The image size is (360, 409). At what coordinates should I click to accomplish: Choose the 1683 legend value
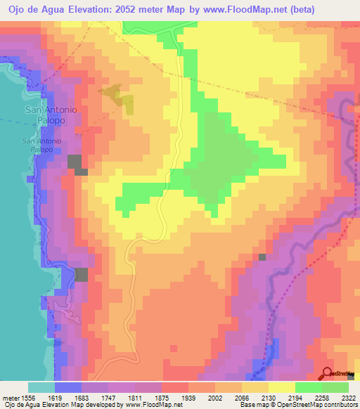[96, 398]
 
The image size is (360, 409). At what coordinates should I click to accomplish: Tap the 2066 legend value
[255, 398]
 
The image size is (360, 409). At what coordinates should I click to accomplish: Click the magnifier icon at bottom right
[328, 373]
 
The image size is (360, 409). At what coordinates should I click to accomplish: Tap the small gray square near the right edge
[262, 257]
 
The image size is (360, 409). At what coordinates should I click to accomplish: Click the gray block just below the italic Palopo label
[76, 164]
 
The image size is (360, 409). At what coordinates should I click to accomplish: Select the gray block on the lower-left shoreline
[81, 275]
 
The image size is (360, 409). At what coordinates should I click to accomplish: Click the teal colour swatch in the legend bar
[41, 387]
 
